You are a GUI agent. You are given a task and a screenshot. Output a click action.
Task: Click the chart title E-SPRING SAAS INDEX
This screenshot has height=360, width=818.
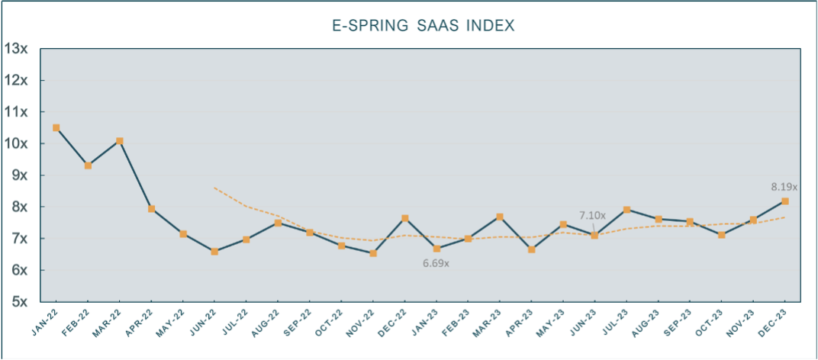423,25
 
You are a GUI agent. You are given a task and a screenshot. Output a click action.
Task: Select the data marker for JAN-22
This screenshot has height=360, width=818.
56,127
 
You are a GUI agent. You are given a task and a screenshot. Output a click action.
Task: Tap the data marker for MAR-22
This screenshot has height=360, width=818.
119,141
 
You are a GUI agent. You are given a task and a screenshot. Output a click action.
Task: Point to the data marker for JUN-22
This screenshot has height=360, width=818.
214,251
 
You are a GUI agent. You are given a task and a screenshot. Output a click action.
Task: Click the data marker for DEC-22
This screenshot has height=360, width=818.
404,218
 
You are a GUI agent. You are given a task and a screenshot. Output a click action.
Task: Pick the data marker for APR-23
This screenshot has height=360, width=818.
531,249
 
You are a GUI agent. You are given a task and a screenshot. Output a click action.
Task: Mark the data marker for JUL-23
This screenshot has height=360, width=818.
626,209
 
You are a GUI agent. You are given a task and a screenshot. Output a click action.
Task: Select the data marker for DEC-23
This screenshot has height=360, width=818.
784,201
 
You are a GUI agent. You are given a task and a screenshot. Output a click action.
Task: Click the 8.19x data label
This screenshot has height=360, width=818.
784,186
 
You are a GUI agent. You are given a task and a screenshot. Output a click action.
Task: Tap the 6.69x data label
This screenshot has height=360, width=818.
436,263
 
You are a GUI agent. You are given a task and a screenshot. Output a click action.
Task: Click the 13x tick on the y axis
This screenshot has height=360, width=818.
16,48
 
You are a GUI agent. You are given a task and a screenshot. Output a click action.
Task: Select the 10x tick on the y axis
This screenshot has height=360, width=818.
16,143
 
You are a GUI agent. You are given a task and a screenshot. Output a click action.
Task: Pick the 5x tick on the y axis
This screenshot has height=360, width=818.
19,302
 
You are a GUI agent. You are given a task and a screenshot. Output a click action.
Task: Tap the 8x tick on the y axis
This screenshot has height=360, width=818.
19,207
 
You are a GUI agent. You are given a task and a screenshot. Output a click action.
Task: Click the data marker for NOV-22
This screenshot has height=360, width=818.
372,253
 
